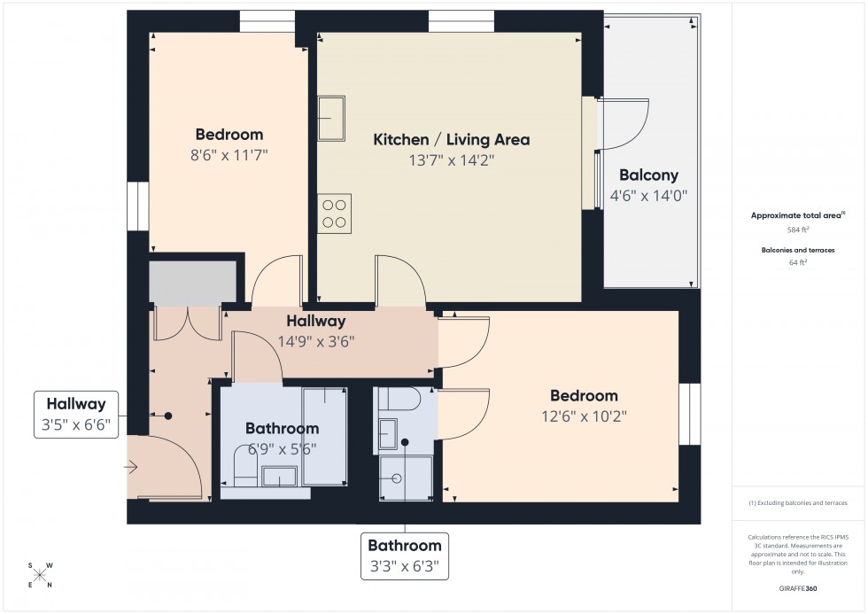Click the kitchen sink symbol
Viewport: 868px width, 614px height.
[332, 118]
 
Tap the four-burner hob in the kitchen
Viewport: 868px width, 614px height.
[334, 214]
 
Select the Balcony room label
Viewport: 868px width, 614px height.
[648, 175]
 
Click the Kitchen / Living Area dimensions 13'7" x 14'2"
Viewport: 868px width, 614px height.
[451, 160]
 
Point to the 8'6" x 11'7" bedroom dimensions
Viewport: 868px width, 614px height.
[229, 155]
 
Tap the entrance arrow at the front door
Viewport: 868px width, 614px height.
[132, 466]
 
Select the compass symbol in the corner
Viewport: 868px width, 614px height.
[40, 575]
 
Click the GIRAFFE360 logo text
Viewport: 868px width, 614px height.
[799, 587]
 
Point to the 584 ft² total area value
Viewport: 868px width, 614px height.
[798, 229]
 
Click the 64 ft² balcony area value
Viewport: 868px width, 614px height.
[798, 262]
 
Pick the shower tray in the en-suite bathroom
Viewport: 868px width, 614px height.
[405, 478]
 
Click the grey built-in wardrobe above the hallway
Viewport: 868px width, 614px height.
[193, 283]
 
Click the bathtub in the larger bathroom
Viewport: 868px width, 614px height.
[324, 435]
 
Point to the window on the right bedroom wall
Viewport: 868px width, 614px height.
[689, 414]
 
